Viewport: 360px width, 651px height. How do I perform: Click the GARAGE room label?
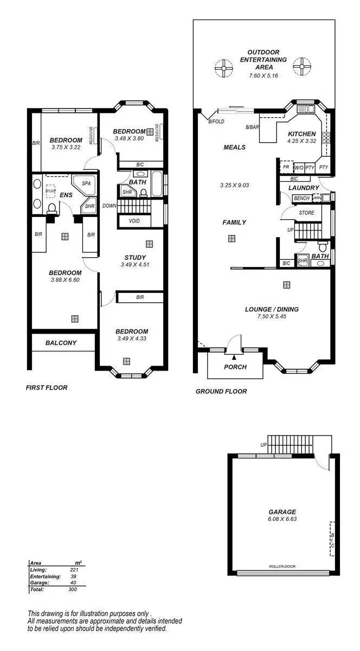tap(282, 512)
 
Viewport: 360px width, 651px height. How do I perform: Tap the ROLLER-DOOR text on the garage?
tap(282, 566)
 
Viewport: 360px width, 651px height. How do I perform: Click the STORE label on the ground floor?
tap(306, 213)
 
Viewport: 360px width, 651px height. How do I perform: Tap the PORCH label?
tap(235, 367)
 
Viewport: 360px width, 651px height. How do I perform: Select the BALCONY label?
tap(61, 343)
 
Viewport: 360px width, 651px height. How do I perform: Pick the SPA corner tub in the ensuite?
tap(86, 184)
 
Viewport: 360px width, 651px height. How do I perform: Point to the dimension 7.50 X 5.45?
tap(272, 316)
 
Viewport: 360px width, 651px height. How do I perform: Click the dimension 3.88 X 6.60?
tap(65, 280)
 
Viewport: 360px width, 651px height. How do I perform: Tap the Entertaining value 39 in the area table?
tap(74, 576)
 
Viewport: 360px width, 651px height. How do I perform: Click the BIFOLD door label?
tap(216, 122)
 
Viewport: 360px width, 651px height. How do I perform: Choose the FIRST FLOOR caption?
tap(47, 388)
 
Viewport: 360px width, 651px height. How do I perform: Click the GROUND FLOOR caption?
tap(221, 391)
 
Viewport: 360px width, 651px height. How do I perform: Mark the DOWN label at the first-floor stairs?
tap(109, 206)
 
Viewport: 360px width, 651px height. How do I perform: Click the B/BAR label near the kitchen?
tap(252, 127)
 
